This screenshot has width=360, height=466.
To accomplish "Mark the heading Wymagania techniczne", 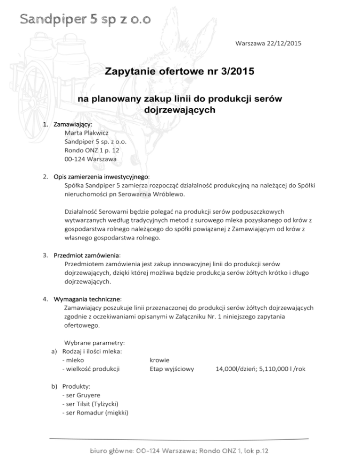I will (x=88, y=298).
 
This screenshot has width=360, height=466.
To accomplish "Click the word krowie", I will (x=160, y=360).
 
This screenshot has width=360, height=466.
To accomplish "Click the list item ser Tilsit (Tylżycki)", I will (x=92, y=404).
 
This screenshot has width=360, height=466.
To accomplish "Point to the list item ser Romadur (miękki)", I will (x=96, y=412).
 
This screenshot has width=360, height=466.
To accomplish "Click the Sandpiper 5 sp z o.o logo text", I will (x=85, y=19).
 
